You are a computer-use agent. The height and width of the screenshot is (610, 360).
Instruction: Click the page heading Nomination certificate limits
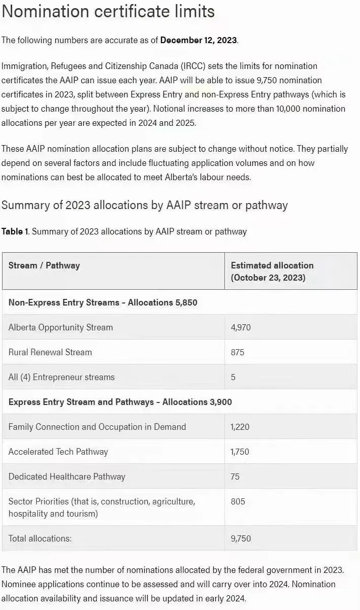tap(108, 11)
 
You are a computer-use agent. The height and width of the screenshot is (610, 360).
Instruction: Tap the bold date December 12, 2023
tap(199, 40)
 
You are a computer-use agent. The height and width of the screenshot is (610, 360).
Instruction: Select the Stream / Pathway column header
tap(44, 265)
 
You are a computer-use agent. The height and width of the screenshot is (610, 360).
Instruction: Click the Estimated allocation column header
tap(272, 271)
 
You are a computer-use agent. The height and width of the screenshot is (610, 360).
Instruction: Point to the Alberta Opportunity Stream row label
tap(60, 327)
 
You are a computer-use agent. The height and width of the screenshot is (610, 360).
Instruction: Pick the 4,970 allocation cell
tap(241, 327)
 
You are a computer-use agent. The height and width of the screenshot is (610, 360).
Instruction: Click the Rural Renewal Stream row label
tap(50, 352)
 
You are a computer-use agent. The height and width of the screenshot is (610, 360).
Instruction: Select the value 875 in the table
tap(238, 352)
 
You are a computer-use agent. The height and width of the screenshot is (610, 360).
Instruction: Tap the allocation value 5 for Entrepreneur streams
tap(233, 377)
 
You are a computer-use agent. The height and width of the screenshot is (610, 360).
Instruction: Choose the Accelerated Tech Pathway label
tap(58, 452)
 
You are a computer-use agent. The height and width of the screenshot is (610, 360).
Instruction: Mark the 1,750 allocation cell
tap(240, 452)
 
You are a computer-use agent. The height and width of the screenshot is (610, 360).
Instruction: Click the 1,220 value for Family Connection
tap(240, 427)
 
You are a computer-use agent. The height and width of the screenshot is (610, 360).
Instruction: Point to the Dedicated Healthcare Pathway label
tap(67, 477)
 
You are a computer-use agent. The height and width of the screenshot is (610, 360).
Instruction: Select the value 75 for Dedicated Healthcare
tap(235, 477)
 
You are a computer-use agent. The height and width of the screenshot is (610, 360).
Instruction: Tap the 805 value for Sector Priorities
tap(238, 501)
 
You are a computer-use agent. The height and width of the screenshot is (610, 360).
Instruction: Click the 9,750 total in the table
tap(241, 538)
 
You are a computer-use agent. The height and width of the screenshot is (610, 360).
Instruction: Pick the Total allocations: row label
tap(40, 538)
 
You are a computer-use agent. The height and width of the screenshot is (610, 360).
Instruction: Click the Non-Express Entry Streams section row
tap(103, 302)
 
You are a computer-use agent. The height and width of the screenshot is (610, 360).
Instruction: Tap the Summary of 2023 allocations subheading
tap(145, 205)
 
